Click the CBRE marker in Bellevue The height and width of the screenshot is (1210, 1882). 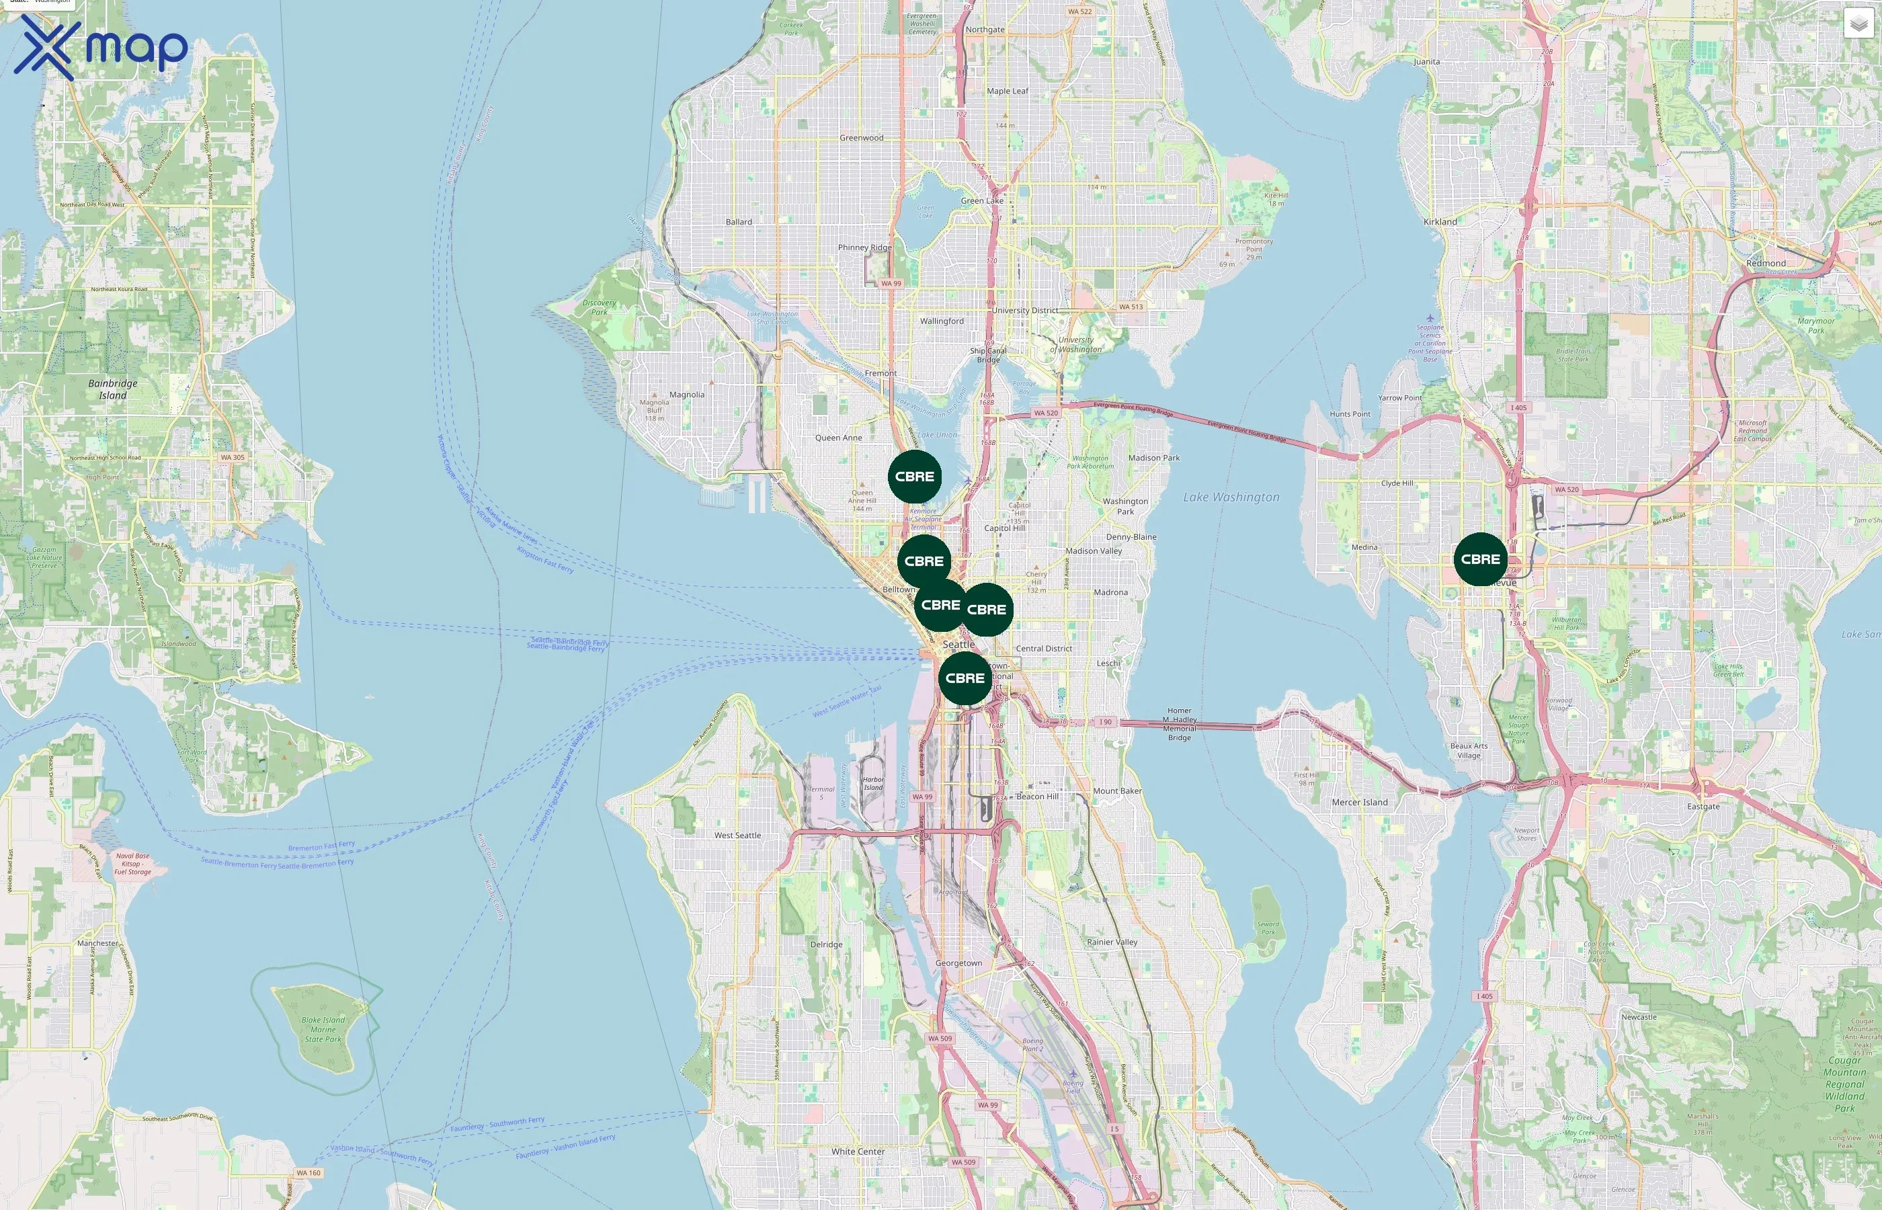coord(1481,559)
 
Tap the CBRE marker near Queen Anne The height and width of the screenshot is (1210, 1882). coord(914,476)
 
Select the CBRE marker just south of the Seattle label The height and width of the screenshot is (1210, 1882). coord(965,678)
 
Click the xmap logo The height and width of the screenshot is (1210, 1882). coord(101,47)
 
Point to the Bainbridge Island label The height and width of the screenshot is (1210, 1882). coord(112,389)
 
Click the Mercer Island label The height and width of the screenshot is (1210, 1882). coord(1360,802)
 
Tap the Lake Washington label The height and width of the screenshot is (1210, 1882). coord(1231,497)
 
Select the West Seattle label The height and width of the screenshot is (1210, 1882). coord(737,835)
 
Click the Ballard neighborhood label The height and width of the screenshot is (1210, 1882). coord(738,222)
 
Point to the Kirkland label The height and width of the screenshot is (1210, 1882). coord(1440,222)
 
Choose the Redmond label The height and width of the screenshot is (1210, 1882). coord(1766,264)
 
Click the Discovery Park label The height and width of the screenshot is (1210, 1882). coord(600,307)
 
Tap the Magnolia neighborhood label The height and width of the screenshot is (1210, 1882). coord(686,395)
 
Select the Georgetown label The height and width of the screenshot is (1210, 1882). coord(958,963)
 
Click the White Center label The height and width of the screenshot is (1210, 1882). coord(858,1151)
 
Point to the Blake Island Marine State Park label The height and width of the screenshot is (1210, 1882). coord(323,1029)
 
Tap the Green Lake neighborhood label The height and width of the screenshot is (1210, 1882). coord(982,200)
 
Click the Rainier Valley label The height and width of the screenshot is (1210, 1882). coord(1112,942)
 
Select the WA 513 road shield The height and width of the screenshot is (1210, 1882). coord(1131,307)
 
